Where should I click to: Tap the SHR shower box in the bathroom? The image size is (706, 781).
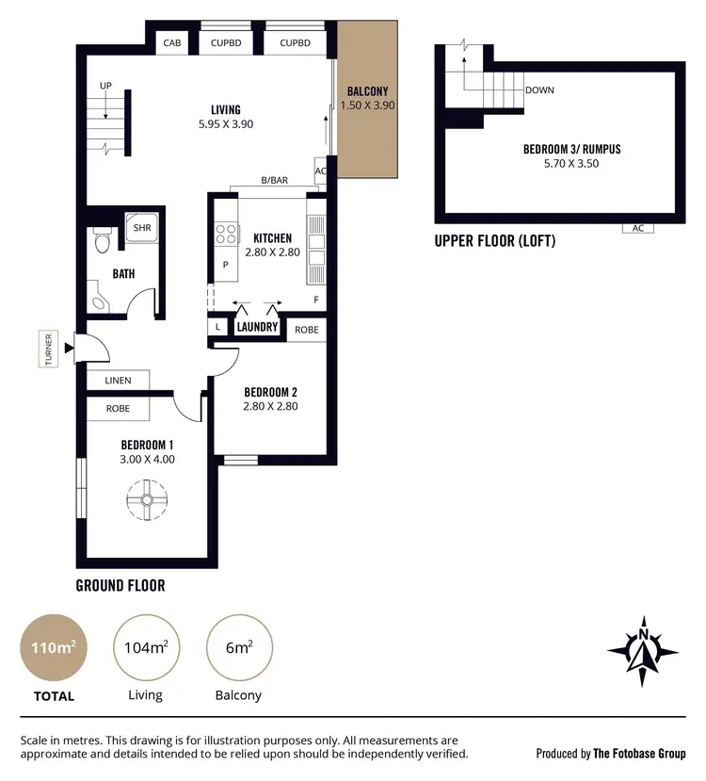142,228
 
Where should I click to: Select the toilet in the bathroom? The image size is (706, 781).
103,243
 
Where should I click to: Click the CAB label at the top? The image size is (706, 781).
171,43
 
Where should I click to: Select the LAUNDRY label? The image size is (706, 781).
257,328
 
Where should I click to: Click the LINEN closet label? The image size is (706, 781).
119,381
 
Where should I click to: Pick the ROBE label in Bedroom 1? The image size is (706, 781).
118,409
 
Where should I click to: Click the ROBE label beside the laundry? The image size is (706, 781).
306,330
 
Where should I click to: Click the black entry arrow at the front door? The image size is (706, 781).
69,350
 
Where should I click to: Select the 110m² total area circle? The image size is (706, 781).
54,648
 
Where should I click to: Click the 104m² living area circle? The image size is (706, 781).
146,648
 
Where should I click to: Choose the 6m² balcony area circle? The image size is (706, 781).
238,648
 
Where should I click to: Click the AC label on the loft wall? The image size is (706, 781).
637,228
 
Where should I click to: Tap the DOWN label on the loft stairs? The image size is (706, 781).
539,90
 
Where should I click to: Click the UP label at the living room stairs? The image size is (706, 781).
105,86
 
